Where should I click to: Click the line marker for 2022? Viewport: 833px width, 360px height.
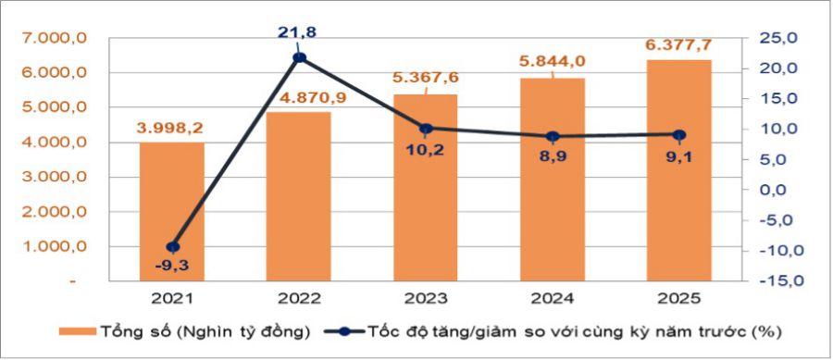299,58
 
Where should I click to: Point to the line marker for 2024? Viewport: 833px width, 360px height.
553,136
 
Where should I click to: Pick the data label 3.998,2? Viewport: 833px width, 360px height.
172,127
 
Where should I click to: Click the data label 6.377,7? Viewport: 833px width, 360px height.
679,43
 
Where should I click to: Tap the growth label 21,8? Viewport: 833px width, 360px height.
298,33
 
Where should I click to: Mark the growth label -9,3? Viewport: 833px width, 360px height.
172,267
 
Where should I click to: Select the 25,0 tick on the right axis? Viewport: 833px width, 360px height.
777,38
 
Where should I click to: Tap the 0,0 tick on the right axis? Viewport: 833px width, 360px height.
780,190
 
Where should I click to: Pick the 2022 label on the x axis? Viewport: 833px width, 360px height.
299,299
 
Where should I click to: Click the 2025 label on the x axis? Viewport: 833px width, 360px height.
679,299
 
